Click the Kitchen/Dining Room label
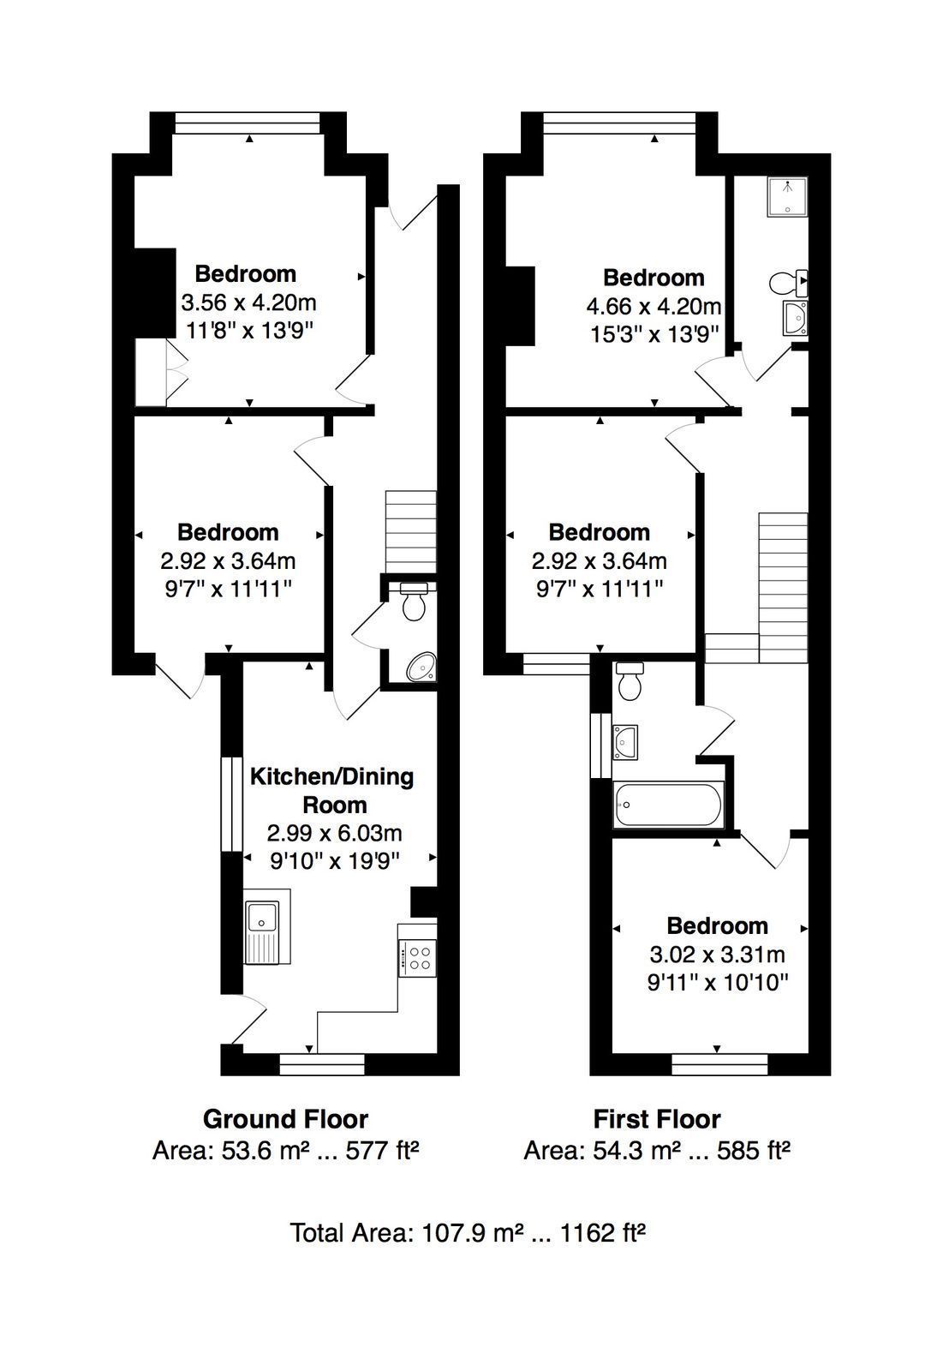point(331,790)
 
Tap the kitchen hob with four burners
point(418,959)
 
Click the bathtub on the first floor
point(668,805)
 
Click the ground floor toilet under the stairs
point(414,601)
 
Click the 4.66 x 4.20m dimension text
point(654,305)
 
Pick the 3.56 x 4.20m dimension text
point(248,302)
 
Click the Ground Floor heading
point(285,1119)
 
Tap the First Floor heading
point(657,1119)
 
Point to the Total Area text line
point(469,1233)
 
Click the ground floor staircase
point(410,531)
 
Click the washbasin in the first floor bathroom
point(625,742)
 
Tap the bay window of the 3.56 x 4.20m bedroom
point(248,123)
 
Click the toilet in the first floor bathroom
point(629,680)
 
